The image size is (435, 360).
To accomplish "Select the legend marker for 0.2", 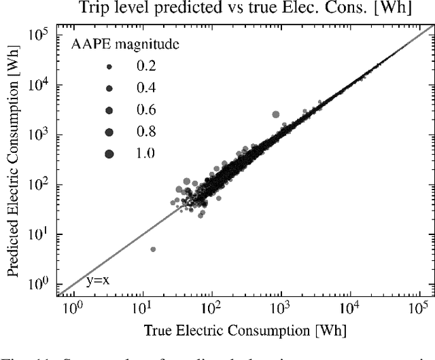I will (109, 66).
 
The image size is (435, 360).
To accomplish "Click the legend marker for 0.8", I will (109, 131).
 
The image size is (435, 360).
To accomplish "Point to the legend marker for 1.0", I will (109, 154).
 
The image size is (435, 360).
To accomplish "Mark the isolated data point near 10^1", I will (153, 249).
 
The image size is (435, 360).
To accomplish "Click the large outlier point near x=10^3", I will (275, 115).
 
